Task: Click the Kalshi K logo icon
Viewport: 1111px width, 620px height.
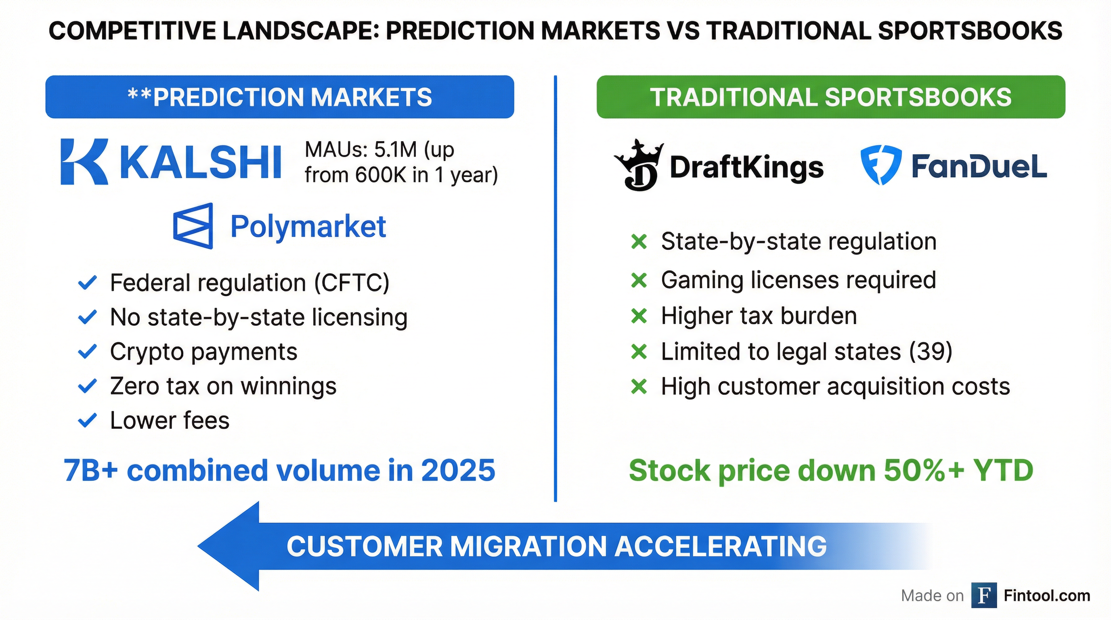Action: coord(84,162)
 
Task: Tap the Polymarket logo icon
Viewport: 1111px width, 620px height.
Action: coord(193,226)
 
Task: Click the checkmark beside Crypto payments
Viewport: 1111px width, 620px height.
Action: coord(87,352)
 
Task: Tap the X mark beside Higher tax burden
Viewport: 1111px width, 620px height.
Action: coord(639,316)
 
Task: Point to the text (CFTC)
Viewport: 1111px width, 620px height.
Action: coord(352,283)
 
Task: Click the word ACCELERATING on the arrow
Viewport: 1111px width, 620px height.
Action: coord(720,546)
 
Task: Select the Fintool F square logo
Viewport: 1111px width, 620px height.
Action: coord(984,595)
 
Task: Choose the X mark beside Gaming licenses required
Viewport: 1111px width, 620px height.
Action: coord(639,281)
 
